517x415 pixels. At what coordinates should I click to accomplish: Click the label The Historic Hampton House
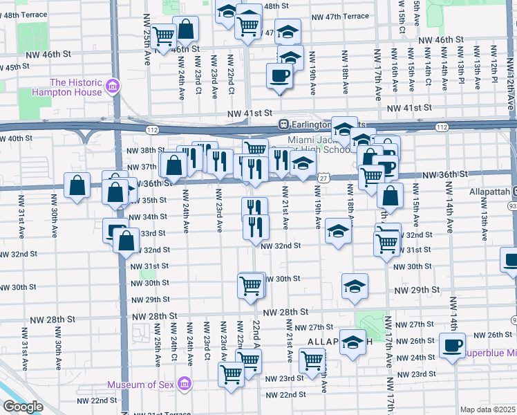[x=77, y=86]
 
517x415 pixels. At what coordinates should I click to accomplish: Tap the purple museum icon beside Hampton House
[x=112, y=87]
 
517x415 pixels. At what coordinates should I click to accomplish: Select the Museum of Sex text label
[x=142, y=385]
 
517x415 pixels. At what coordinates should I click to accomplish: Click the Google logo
[x=23, y=407]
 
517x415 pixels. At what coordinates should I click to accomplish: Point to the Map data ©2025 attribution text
[x=487, y=409]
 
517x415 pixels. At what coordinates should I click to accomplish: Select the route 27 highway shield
[x=323, y=178]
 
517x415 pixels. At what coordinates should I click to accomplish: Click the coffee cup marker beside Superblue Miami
[x=453, y=345]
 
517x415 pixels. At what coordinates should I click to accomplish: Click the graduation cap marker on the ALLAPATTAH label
[x=353, y=343]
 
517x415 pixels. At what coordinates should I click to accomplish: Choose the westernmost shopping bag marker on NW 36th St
[x=77, y=185]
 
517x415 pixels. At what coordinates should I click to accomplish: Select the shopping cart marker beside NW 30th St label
[x=250, y=284]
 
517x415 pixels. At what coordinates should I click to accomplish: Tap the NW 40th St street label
[x=16, y=139]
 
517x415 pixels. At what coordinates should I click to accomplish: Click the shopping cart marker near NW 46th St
[x=165, y=36]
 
